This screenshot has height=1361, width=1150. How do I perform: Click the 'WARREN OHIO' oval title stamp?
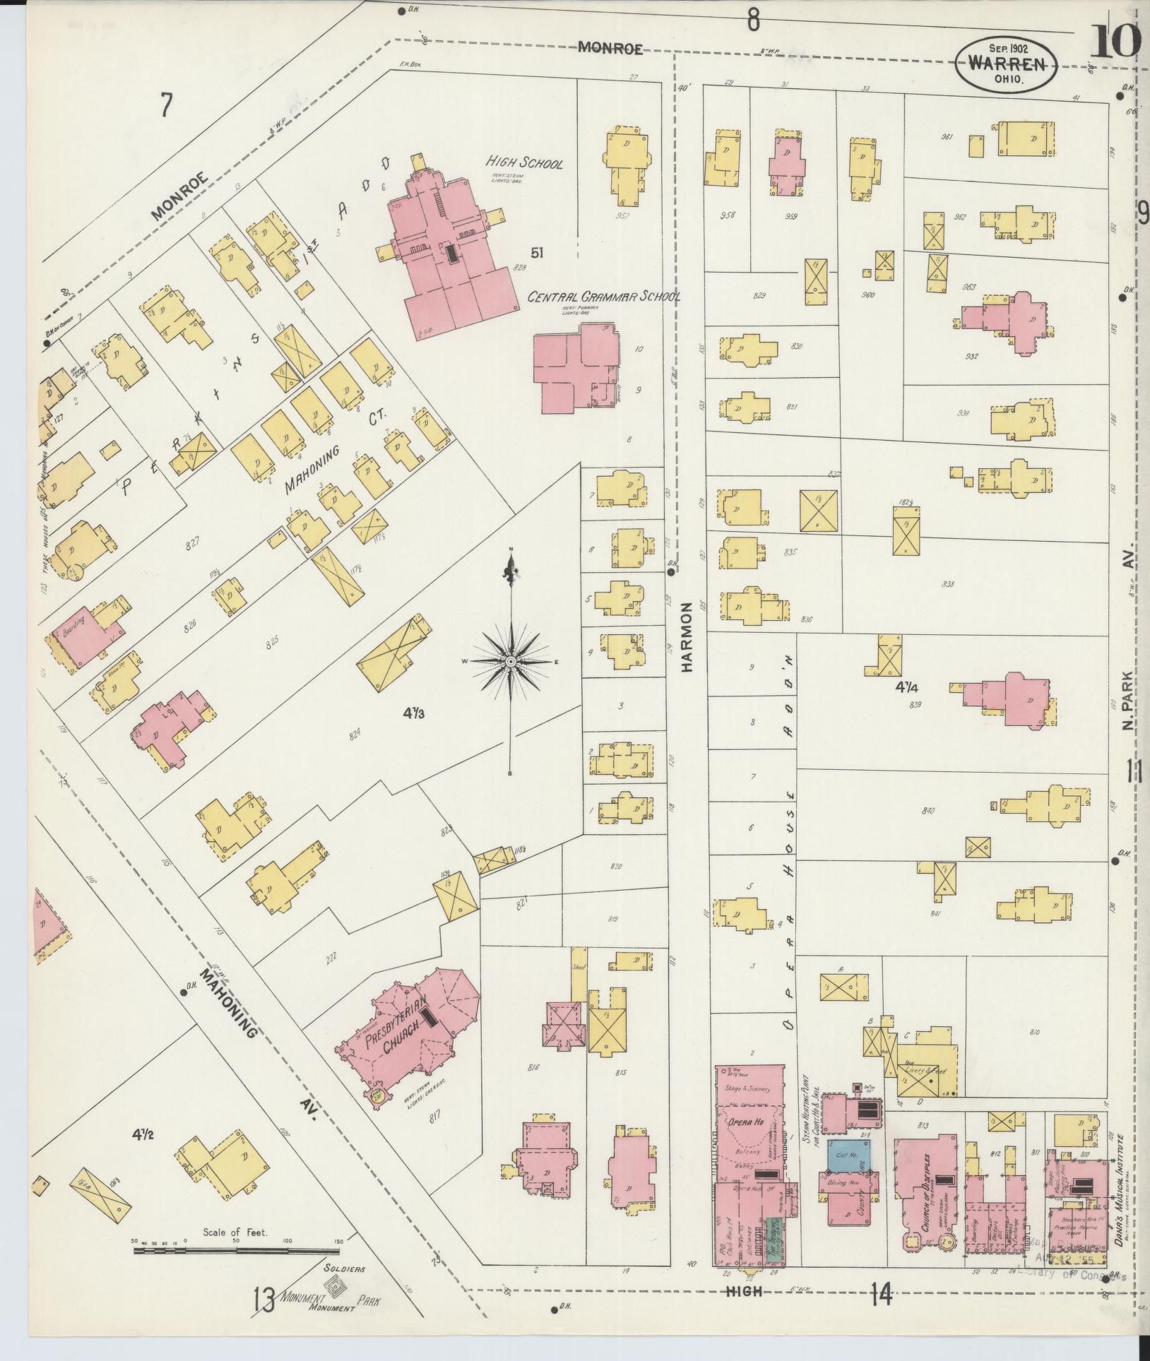pos(1007,64)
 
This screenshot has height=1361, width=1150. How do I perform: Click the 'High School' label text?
pos(523,164)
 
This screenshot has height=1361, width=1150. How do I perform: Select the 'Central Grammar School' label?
pos(604,297)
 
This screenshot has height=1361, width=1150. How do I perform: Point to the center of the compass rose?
pos(510,662)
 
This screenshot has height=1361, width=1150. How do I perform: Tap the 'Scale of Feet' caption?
pos(235,1233)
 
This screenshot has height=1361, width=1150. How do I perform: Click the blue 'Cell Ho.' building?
pos(848,1154)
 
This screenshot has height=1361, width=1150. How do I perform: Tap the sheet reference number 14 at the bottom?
pos(882,1295)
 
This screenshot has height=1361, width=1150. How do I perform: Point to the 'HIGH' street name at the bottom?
pos(745,1292)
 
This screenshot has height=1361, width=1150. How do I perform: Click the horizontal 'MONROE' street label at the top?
pos(610,48)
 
